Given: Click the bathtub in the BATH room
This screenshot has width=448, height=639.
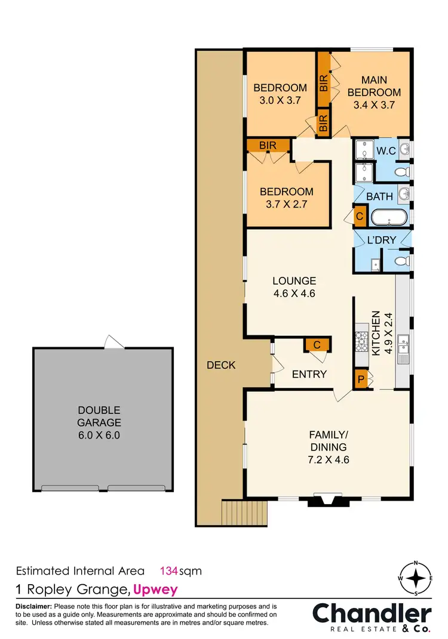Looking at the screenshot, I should pos(389,217).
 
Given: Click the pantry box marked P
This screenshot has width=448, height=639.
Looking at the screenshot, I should pos(361,379).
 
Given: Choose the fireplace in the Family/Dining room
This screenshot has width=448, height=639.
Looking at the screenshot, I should pos(323,500).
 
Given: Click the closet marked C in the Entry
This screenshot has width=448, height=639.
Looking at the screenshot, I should pos(317,344).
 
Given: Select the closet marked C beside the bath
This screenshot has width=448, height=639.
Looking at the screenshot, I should pos(360,217).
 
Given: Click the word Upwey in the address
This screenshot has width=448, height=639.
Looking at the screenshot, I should pos(155,590).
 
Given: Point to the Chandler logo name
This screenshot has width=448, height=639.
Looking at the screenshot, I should pos(372,614).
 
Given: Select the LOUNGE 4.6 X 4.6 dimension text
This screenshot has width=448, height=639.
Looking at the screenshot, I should pos(294,287).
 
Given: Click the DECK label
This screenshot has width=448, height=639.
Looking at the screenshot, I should pos(220,365).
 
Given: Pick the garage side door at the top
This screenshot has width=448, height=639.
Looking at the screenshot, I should pos(113,342).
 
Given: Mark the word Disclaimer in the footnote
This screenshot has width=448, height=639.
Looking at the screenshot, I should pos(34,606).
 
